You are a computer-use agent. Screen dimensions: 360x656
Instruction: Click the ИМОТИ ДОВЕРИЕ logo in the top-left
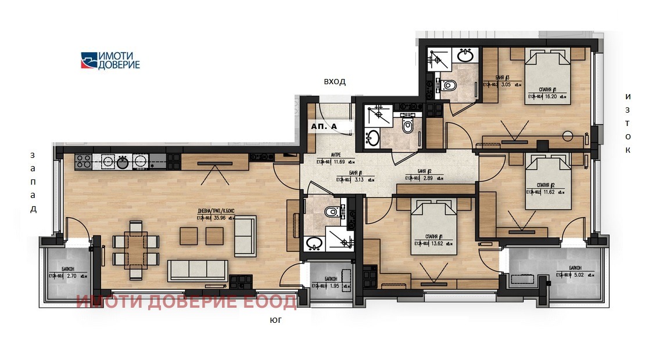tap(110, 60)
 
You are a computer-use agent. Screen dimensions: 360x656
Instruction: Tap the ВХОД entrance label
tap(335, 82)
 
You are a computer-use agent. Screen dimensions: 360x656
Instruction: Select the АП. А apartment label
tap(324, 126)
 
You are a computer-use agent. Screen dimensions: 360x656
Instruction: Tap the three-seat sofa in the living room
tap(198, 270)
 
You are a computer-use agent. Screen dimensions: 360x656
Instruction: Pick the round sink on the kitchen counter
tap(122, 162)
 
